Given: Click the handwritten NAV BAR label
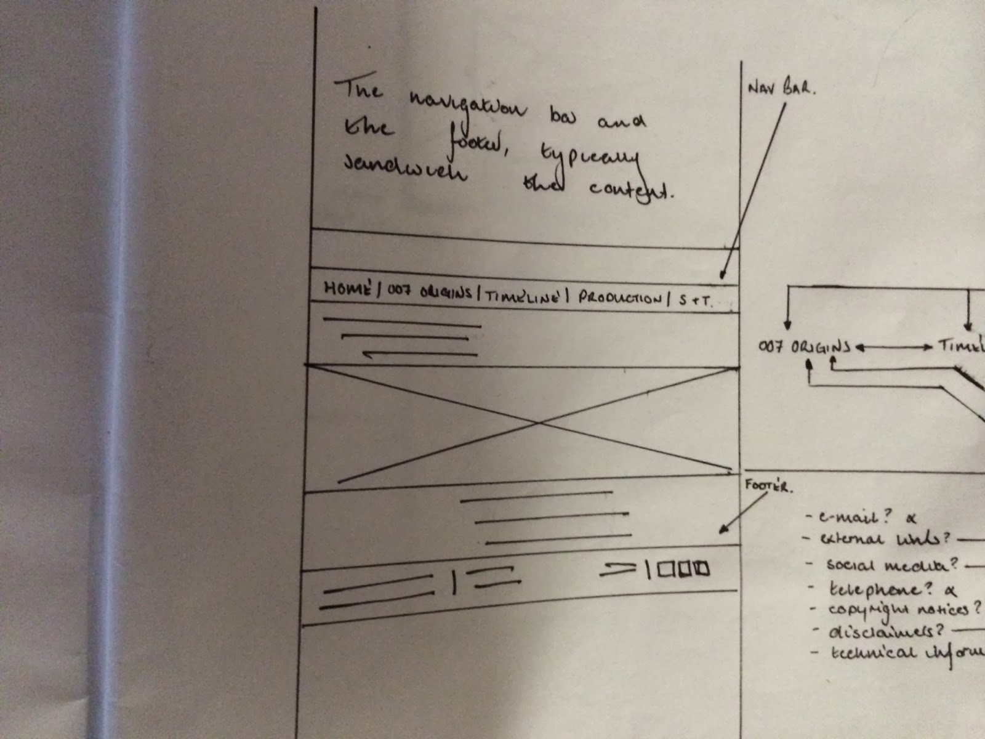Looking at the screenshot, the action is coord(781,88).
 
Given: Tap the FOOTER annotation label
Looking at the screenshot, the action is coord(768,485).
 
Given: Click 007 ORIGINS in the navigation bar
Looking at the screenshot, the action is coord(430,292).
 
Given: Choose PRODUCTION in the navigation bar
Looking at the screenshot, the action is coord(619,298).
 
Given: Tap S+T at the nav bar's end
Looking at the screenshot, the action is coord(695,301).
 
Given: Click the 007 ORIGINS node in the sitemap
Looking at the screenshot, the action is coord(804,347).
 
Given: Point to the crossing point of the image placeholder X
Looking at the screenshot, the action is coord(539,423).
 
